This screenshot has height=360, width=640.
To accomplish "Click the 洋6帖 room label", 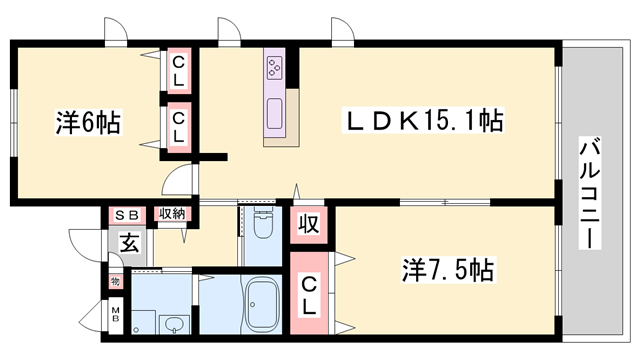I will click(x=89, y=124).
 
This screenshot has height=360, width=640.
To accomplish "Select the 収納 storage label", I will click(x=172, y=214).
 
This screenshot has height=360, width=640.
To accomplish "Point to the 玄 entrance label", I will click(x=130, y=243).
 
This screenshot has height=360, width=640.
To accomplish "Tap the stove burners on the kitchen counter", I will click(x=276, y=67).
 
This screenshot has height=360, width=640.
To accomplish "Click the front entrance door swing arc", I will click(x=82, y=245).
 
